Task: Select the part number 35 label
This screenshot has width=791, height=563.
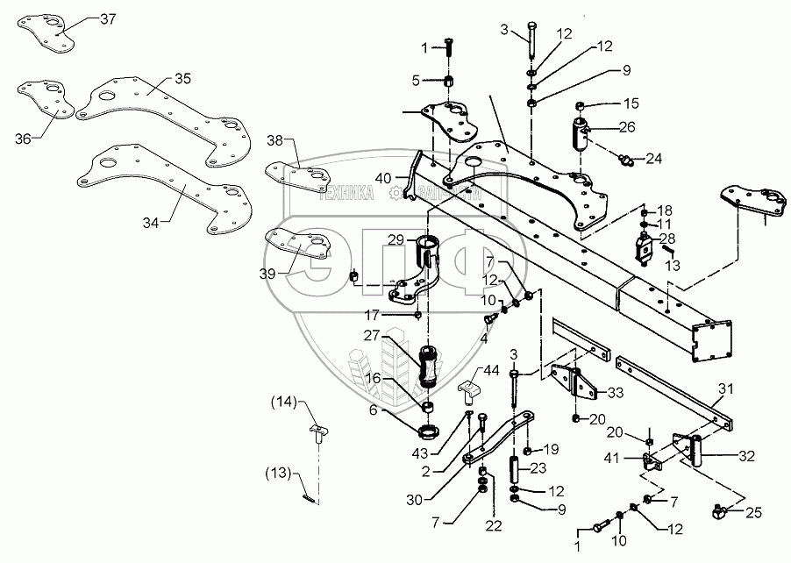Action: pyautogui.click(x=182, y=80)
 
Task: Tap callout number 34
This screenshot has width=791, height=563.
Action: pyautogui.click(x=151, y=223)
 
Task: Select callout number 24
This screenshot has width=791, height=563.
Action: pyautogui.click(x=654, y=159)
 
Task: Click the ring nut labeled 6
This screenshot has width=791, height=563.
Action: pyautogui.click(x=430, y=432)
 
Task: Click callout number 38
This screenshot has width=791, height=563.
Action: pyautogui.click(x=275, y=141)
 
